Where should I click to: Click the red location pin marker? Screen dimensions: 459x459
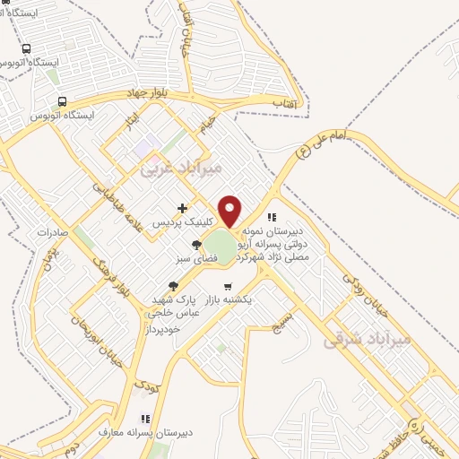coord(230,211)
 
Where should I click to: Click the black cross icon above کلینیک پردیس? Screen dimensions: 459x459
coord(183,208)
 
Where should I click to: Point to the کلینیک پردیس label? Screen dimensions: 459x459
coord(184,221)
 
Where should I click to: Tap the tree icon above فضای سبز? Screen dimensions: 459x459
coord(197,244)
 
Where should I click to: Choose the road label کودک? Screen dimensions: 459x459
coord(145,383)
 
